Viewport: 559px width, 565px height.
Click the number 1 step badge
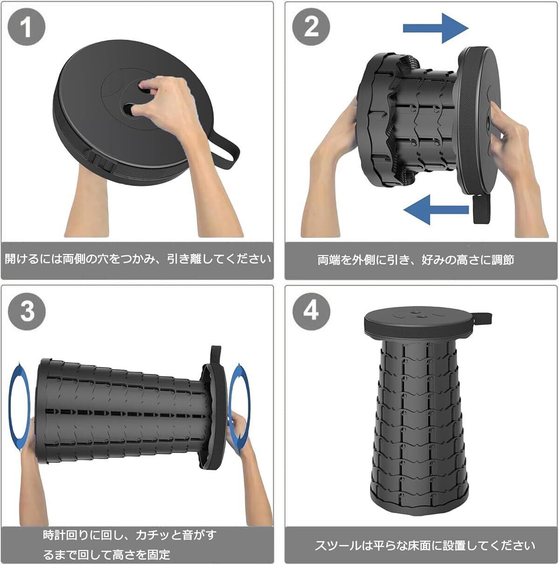(27, 27)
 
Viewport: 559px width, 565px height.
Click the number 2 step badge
(311, 27)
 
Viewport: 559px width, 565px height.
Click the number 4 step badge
(311, 311)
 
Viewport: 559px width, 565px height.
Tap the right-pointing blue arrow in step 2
(436, 28)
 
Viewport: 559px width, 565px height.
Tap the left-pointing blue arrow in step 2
(436, 209)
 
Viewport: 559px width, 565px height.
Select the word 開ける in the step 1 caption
(22, 259)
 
